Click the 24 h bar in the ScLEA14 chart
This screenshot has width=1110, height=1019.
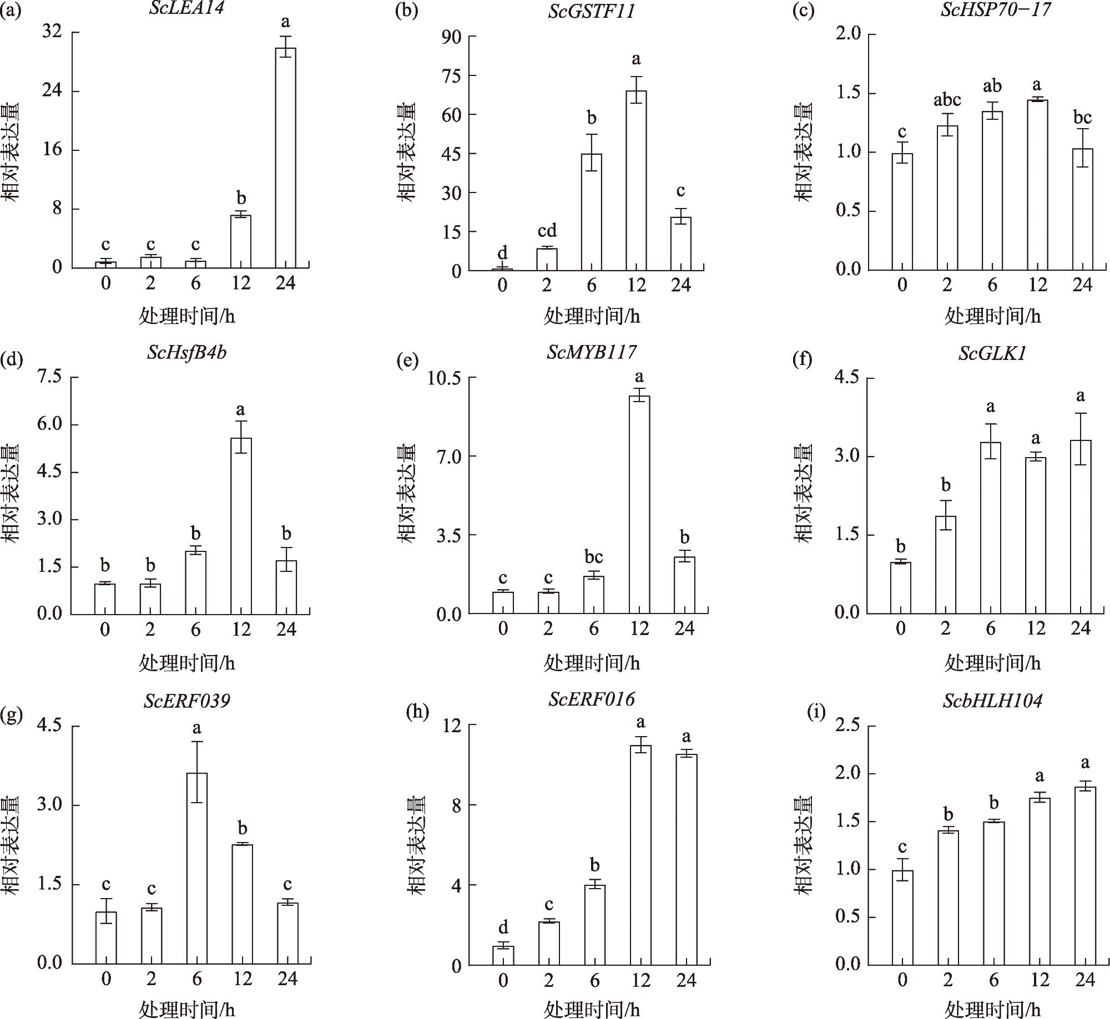(x=286, y=158)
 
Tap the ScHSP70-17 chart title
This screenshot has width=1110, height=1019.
(x=995, y=10)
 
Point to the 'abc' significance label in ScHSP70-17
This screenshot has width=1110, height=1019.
(x=947, y=100)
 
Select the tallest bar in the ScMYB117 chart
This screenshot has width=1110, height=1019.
(x=639, y=505)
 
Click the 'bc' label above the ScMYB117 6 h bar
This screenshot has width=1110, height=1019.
(x=593, y=556)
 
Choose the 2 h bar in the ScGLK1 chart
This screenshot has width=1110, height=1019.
(x=946, y=565)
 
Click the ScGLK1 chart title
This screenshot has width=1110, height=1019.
(x=992, y=354)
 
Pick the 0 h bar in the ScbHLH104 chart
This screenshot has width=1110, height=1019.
(x=902, y=917)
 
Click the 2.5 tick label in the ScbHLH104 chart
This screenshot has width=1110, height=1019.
(x=848, y=726)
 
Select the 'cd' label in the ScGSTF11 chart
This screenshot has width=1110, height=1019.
(x=547, y=231)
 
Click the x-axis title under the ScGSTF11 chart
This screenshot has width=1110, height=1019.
(x=591, y=317)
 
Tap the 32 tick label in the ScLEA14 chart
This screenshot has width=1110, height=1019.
(x=52, y=32)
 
